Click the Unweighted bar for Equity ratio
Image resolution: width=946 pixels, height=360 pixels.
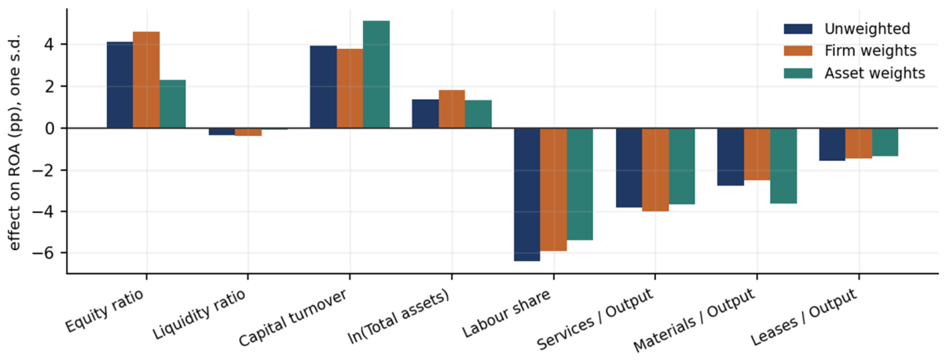tap(119, 85)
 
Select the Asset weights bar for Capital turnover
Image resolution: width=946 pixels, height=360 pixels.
tap(376, 75)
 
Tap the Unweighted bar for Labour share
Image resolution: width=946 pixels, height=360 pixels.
tap(527, 195)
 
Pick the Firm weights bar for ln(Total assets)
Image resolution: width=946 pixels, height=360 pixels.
tap(452, 109)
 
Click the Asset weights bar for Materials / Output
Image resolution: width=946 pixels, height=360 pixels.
tap(784, 166)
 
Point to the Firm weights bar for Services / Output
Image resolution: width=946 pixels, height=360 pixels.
tap(655, 170)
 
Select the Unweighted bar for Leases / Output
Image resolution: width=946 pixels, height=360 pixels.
tap(832, 145)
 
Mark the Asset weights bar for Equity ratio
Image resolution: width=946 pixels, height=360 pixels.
tap(173, 104)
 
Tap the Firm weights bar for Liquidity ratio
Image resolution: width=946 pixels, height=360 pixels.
tap(248, 132)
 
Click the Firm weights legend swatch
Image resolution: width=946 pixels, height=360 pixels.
tap(798, 51)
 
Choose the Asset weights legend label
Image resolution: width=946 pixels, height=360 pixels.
tap(874, 73)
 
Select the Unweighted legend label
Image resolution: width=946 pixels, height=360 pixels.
tap(867, 29)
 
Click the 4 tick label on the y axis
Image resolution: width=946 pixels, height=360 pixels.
tap(49, 44)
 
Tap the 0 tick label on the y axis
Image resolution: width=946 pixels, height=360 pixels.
tap(49, 128)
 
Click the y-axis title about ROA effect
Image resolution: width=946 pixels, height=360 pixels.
tap(14, 143)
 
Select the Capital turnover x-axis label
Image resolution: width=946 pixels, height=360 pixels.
tap(292, 318)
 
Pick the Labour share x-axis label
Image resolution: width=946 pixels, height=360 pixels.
tap(506, 314)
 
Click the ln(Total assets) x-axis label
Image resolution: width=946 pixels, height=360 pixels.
tap(398, 318)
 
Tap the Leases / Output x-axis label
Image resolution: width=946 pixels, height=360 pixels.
tap(804, 318)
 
